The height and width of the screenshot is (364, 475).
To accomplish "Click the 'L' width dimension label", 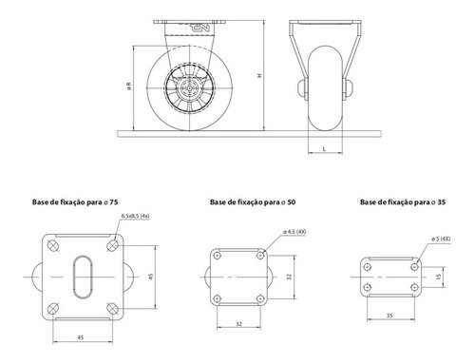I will (x=326, y=150).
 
